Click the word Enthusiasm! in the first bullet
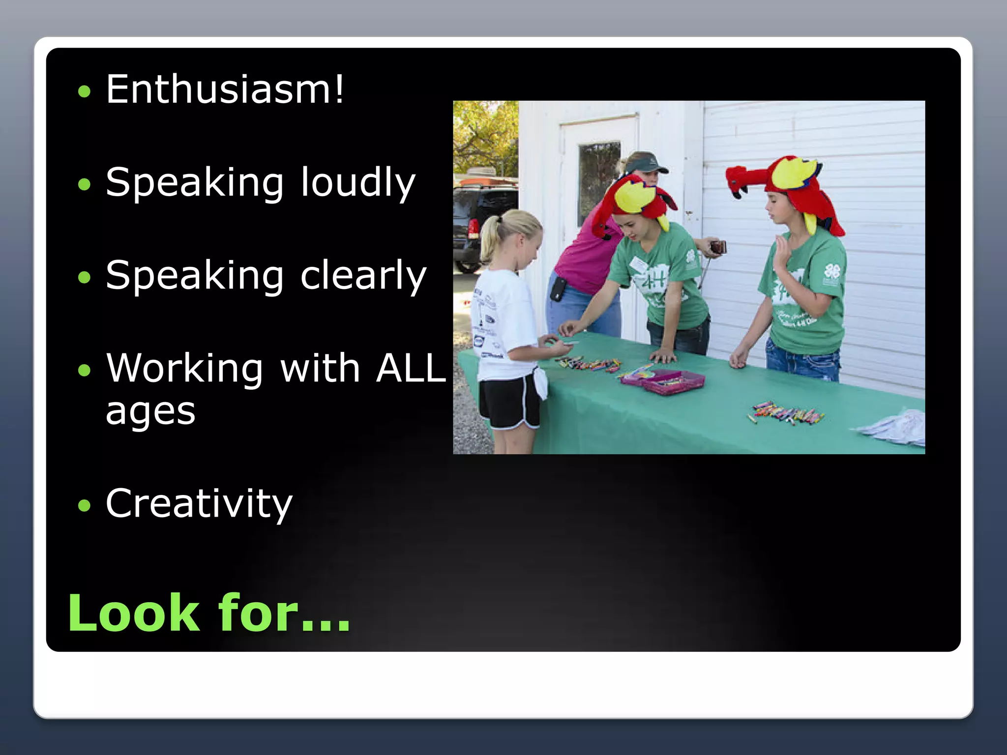tap(225, 89)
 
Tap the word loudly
tap(358, 182)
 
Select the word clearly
tap(363, 276)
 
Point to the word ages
tap(150, 412)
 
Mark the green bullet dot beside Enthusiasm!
tap(85, 91)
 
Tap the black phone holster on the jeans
tap(558, 289)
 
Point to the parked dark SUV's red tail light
tap(473, 227)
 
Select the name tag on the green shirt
tap(639, 264)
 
